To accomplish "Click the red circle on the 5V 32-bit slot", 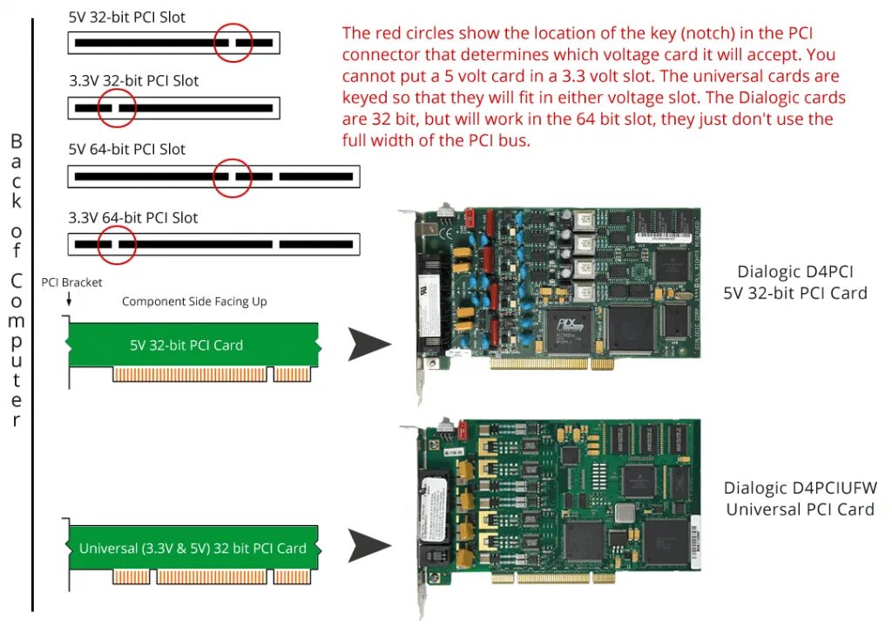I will click(x=233, y=42).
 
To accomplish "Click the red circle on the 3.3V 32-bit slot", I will click(x=118, y=108).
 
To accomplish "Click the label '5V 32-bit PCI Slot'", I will click(x=127, y=17).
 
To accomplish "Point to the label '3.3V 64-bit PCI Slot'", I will click(x=133, y=218).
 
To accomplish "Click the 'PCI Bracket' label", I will click(x=71, y=283).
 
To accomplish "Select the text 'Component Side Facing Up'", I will click(x=194, y=302).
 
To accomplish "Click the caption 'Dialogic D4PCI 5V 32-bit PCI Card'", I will click(x=795, y=282).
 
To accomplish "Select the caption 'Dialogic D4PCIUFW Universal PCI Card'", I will click(x=800, y=498).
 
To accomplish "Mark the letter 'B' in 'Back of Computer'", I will click(x=17, y=141).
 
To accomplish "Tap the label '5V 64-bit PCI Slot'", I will click(x=127, y=149).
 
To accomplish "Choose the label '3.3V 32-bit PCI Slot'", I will click(x=133, y=81).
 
